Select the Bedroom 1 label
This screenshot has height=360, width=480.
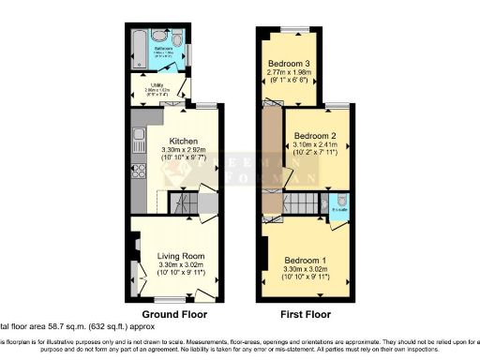(306, 259)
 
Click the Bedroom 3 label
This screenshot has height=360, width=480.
(289, 64)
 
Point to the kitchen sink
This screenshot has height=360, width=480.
(139, 142)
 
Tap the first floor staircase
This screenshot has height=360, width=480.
(300, 202)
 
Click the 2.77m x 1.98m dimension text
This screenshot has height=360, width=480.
(290, 73)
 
